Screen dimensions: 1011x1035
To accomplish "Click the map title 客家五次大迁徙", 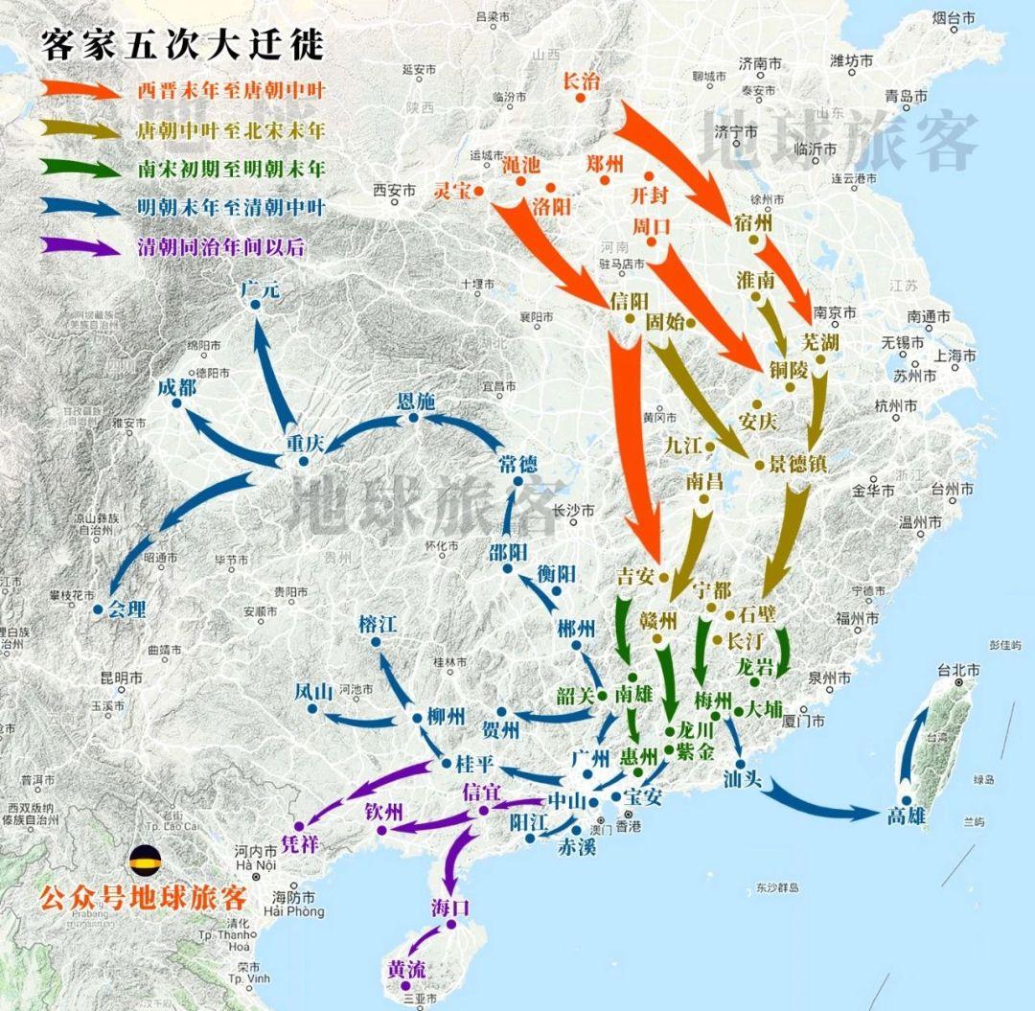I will (x=182, y=44).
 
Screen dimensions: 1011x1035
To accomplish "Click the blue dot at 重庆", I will (x=304, y=462).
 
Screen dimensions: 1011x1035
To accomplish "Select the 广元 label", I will (x=261, y=288).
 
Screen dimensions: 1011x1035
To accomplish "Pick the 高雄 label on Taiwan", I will (x=908, y=815).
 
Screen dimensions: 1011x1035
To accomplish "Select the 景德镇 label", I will (x=797, y=464).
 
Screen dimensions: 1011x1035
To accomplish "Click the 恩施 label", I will (x=416, y=402).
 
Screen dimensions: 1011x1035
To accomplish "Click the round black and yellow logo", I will (x=145, y=859).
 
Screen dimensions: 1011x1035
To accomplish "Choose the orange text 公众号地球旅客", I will (x=142, y=898).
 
